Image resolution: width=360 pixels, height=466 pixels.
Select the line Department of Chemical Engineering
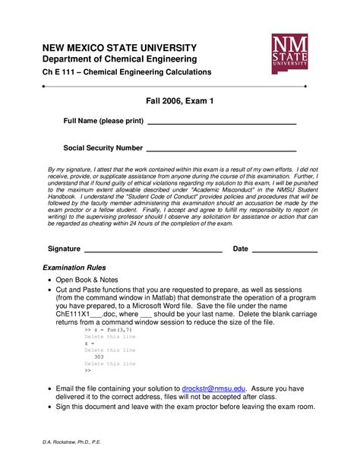click(119, 59)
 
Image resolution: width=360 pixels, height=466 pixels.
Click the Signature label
click(64, 249)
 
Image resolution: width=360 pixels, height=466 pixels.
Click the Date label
click(240, 249)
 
